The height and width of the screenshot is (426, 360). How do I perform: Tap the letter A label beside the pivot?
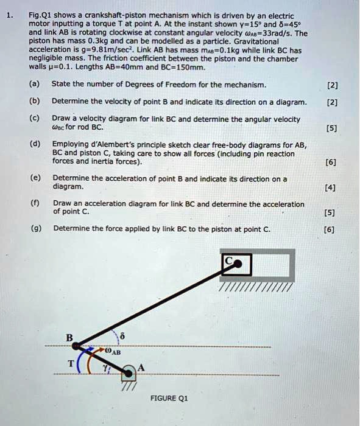[143, 366]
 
